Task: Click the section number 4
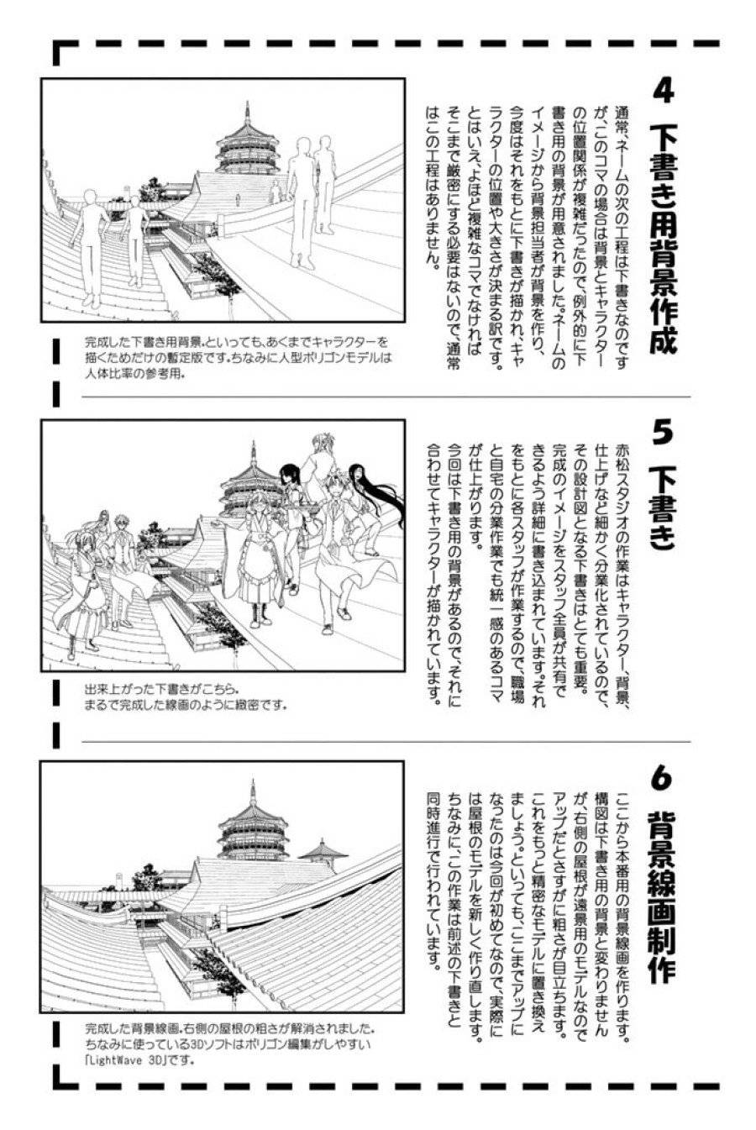(663, 91)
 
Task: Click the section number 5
(663, 433)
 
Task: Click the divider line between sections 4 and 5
(386, 397)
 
